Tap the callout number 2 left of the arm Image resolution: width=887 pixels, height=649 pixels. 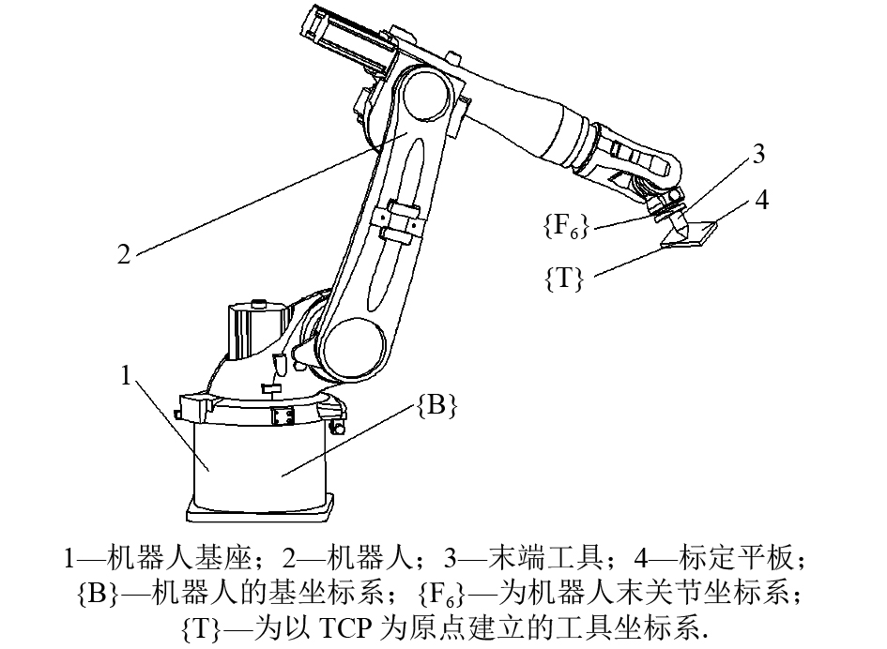tap(124, 254)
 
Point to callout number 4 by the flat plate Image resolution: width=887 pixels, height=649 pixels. tap(763, 201)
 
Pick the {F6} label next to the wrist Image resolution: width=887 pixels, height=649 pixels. tap(566, 226)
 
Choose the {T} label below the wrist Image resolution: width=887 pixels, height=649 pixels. tap(565, 279)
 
